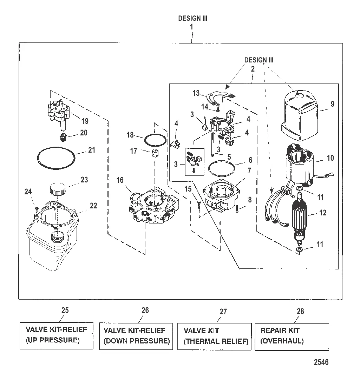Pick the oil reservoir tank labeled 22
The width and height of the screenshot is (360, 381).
53,239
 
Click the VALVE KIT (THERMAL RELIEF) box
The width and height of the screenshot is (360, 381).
214,336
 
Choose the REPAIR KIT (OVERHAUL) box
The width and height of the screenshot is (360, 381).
292,336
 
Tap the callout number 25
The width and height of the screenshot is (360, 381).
65,310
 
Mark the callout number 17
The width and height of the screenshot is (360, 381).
134,151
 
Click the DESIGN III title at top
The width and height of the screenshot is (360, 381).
193,19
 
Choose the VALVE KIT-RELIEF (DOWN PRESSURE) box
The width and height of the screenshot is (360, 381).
136,336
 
